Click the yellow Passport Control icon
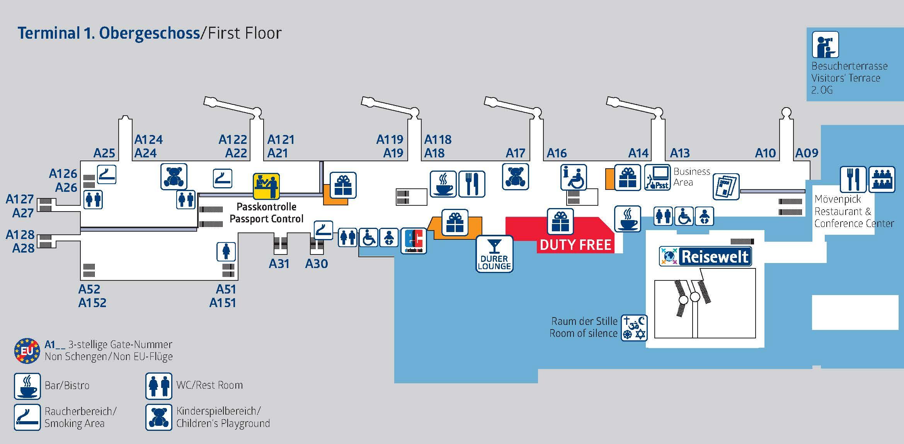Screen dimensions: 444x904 pos(266,186)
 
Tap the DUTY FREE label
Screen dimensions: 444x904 pos(575,245)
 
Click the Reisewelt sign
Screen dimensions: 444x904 pos(706,256)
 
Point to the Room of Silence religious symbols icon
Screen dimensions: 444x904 pos(634,328)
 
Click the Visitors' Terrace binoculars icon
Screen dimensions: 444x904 pos(825,44)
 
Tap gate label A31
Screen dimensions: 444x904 pos(279,264)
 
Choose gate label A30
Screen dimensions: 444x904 pos(317,264)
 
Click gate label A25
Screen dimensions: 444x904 pos(104,153)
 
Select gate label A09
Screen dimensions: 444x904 pos(807,153)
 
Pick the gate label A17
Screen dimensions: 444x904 pos(516,153)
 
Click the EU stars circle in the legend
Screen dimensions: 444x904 pos(27,351)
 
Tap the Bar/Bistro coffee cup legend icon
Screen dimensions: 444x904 pos(27,386)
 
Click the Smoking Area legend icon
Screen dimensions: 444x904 pos(27,417)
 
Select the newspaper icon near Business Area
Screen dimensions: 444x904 pos(726,186)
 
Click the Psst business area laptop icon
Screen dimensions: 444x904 pos(657,178)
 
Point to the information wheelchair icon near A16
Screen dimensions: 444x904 pos(574,177)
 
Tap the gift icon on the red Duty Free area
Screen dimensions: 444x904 pos(560,222)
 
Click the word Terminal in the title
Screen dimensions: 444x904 pos(48,33)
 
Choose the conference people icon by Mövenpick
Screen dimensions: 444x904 pos(882,179)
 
